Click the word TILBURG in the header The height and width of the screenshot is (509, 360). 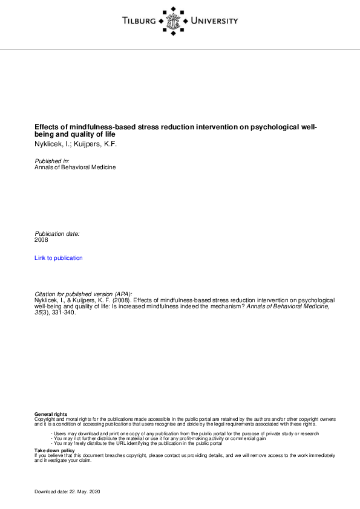[139, 21]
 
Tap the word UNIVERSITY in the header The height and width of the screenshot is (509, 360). [214, 21]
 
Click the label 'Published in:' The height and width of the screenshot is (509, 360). [52, 161]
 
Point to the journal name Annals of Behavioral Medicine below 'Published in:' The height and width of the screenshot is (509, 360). [75, 167]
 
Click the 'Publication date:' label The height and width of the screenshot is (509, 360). [57, 233]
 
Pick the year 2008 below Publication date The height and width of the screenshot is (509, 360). [42, 240]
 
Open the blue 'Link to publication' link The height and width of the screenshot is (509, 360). [59, 258]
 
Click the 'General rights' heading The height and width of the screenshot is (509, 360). [47, 414]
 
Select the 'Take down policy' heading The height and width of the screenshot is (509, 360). [54, 450]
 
